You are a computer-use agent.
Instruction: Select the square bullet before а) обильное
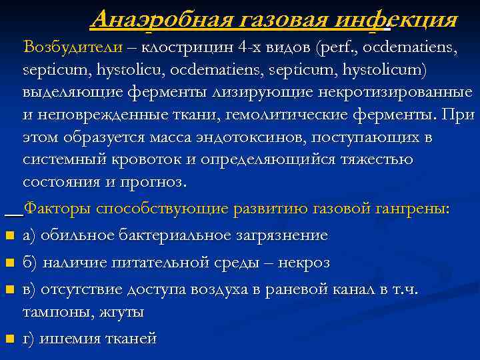9,235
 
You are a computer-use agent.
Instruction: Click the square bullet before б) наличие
9,263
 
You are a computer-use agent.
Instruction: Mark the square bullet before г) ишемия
9,339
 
